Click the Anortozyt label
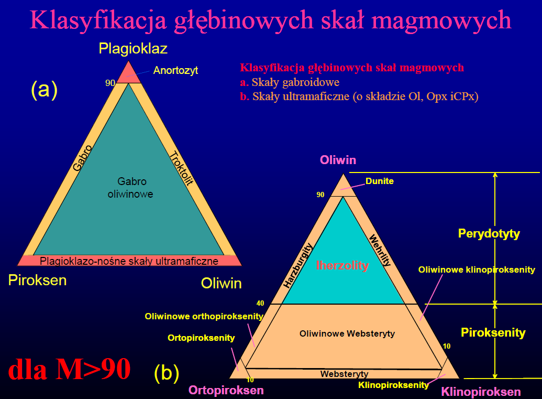tap(175, 70)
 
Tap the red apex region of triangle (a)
tap(129, 74)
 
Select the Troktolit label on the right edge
tap(181, 168)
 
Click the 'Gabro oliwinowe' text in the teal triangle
tap(131, 188)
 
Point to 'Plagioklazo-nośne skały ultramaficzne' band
tap(129, 261)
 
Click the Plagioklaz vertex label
tap(133, 48)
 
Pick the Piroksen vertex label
tap(37, 280)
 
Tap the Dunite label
tap(380, 181)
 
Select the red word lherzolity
tap(342, 265)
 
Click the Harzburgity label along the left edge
tap(297, 265)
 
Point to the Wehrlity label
tap(380, 250)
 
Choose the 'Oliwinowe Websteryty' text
tap(347, 333)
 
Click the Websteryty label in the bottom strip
tap(344, 374)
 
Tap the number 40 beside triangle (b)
tap(260, 303)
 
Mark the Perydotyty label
tap(489, 234)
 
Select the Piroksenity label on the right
tap(493, 332)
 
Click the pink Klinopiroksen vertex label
tap(481, 392)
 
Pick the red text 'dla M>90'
tap(69, 369)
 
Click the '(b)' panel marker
tap(167, 373)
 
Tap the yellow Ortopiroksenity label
tap(201, 338)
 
